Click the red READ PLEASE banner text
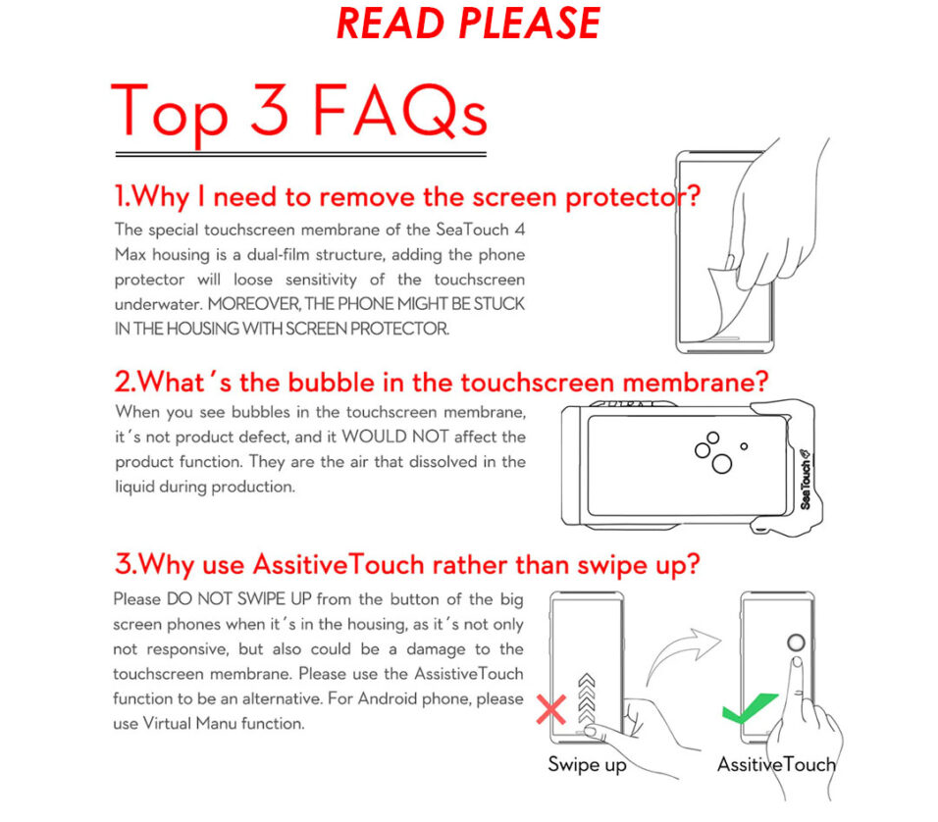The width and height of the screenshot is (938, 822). (468, 24)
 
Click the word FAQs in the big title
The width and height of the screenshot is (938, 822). (400, 111)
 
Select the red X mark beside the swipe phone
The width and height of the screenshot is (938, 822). (551, 709)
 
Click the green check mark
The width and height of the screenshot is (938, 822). (749, 707)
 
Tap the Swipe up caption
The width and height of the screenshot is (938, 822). (587, 765)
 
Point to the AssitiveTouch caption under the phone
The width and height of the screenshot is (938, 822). (776, 764)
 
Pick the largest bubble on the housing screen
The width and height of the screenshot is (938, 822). (721, 464)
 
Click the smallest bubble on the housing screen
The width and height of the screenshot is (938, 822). (744, 446)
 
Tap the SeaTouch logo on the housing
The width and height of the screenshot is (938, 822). (806, 480)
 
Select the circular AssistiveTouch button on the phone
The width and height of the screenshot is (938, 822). (796, 642)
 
